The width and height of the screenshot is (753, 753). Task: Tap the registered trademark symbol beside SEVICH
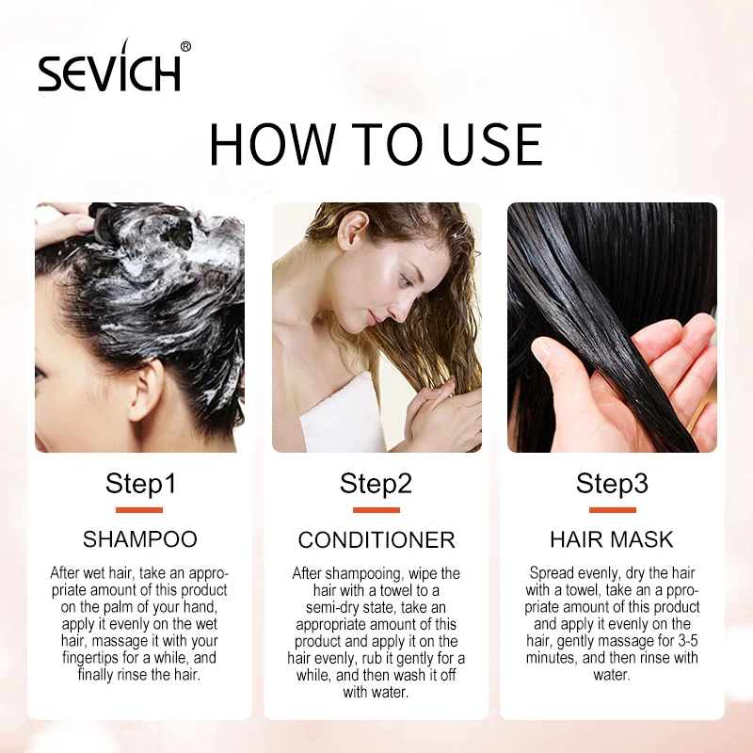tap(185, 46)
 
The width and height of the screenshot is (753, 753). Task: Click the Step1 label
tap(140, 484)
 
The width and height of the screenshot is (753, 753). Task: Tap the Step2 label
tap(376, 484)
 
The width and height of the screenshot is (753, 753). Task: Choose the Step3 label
tap(612, 484)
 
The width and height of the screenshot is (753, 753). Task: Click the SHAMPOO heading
tap(140, 539)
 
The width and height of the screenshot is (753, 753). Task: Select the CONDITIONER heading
tap(376, 540)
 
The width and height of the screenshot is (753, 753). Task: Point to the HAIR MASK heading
tap(612, 539)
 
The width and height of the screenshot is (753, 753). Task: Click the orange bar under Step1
tap(139, 510)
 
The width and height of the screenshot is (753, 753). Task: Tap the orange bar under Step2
tap(376, 510)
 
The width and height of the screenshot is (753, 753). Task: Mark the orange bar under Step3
tap(612, 510)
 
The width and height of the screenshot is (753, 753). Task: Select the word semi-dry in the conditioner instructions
tap(336, 607)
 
